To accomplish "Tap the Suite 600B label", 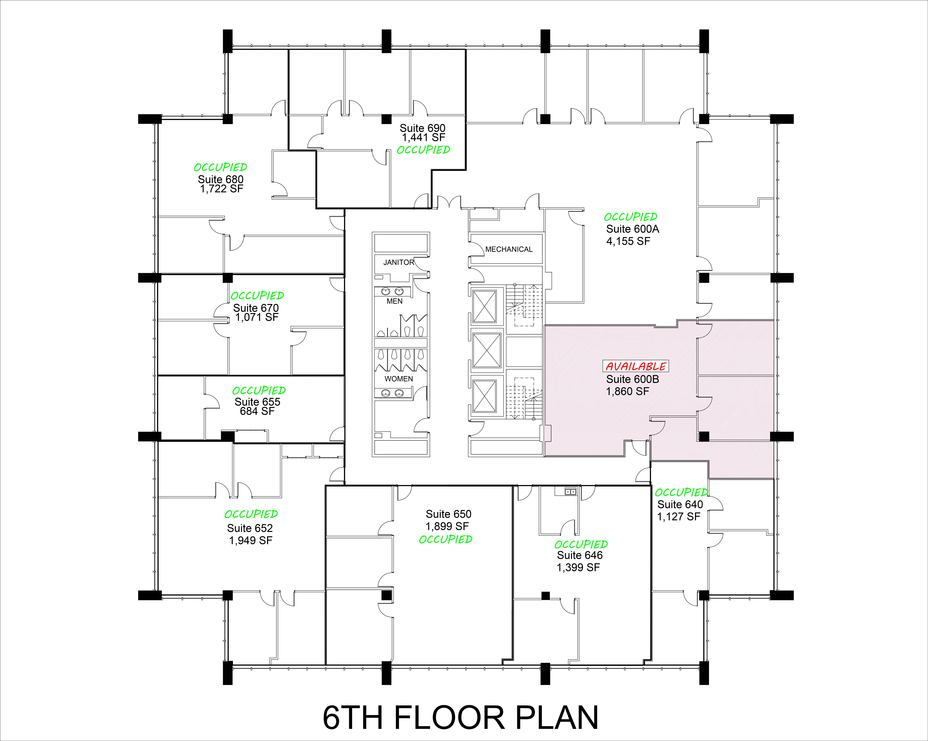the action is (x=632, y=379).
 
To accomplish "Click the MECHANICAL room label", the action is (x=509, y=249).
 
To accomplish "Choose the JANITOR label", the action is (x=399, y=262).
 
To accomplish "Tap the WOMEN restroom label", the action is (x=399, y=379).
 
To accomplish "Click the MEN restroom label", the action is (x=394, y=301).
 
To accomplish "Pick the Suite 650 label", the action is (x=448, y=514).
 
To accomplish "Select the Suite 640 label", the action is (x=680, y=504).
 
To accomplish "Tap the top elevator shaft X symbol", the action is (x=485, y=306).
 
